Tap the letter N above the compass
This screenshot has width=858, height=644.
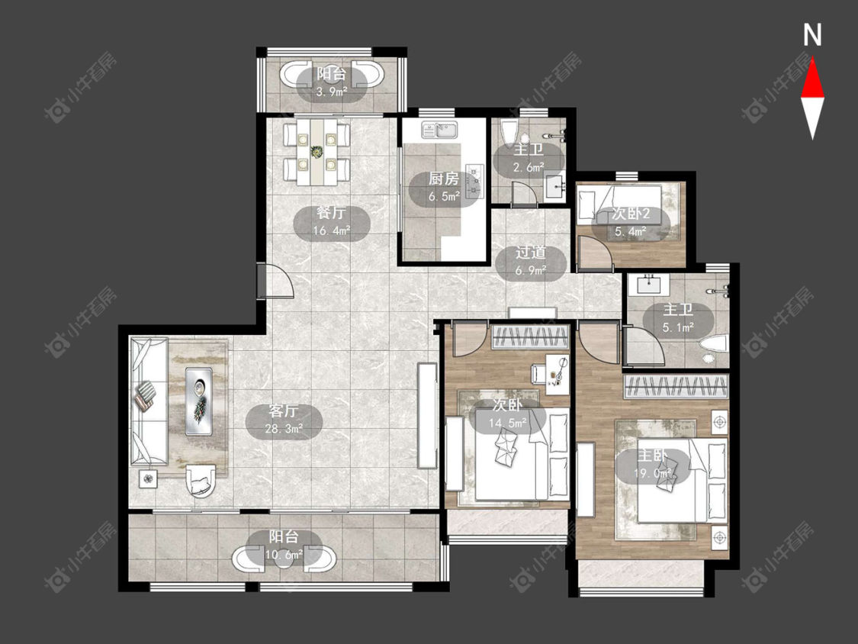[x=812, y=35]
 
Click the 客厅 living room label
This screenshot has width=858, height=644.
[x=284, y=411]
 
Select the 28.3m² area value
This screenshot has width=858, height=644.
[x=284, y=429]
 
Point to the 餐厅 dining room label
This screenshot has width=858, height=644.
[x=332, y=213]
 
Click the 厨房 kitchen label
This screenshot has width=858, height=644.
[x=443, y=179]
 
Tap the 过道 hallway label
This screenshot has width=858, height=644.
[x=531, y=253]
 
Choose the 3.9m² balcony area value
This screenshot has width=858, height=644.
[x=332, y=92]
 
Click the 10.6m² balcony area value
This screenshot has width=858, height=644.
[x=284, y=555]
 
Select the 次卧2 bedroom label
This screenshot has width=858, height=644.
[x=631, y=214]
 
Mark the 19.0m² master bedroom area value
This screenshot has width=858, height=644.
[x=652, y=472]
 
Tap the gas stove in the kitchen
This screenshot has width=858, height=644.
[x=474, y=181]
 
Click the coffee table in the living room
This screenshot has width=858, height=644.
[x=199, y=401]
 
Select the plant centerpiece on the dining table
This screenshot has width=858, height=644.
[x=317, y=150]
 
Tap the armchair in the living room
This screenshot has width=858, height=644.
[x=202, y=481]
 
